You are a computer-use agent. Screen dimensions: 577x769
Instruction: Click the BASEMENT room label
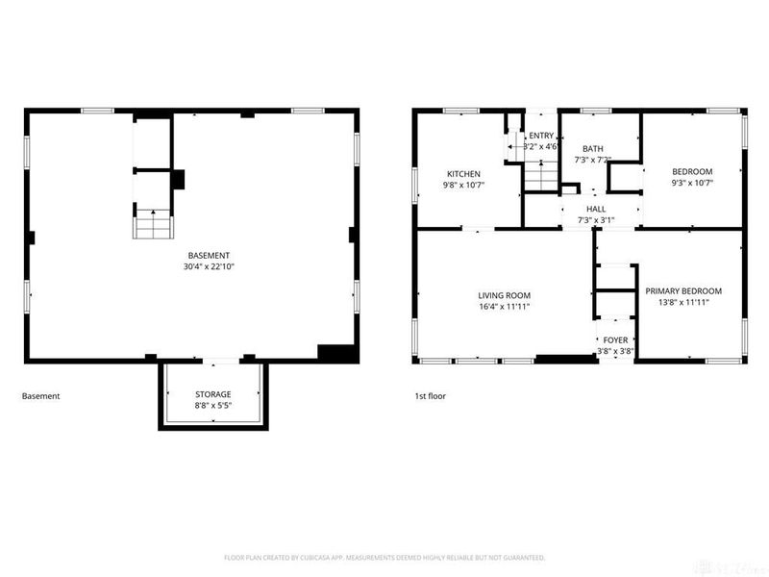209,255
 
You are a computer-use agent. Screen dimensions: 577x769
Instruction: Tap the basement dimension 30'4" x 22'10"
209,266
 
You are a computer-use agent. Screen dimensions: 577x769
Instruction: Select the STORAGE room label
213,394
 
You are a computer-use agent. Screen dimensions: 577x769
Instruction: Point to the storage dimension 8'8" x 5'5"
213,406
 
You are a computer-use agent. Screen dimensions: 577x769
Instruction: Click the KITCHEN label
461,174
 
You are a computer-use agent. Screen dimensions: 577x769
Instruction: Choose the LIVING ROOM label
505,295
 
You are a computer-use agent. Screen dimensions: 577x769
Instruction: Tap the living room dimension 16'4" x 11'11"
505,307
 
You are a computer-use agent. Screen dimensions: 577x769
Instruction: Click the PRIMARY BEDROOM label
683,290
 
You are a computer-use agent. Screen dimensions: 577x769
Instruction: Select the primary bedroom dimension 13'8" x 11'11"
683,302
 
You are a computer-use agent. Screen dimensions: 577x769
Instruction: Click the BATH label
592,148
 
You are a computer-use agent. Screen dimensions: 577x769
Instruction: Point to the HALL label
596,209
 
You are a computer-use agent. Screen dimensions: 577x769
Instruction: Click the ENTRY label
540,136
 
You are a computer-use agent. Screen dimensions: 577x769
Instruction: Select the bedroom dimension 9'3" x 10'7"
692,183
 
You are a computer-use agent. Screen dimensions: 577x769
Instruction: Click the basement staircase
152,223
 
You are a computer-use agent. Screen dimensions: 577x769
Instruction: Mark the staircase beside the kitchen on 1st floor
540,177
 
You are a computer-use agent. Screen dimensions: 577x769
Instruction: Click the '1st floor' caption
429,395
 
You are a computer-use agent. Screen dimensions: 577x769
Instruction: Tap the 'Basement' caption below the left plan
40,395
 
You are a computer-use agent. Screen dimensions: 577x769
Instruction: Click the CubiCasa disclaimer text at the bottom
384,557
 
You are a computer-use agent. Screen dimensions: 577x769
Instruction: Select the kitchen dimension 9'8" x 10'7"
461,186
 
